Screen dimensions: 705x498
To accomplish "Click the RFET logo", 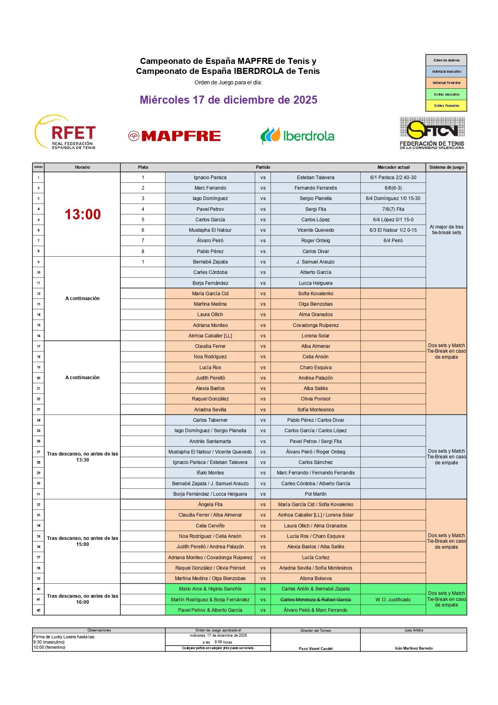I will click(x=66, y=133).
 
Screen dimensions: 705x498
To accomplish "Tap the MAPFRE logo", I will click(x=175, y=136).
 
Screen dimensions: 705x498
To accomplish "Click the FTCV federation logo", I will click(x=432, y=133).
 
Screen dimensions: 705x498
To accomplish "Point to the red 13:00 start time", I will click(x=83, y=215).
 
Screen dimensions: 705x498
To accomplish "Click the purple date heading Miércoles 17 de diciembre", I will click(x=228, y=100).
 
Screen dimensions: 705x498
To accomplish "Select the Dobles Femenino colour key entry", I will click(x=446, y=106).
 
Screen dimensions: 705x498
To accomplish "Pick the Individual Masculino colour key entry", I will click(x=446, y=72).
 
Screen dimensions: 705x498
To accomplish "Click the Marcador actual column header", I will click(x=393, y=167).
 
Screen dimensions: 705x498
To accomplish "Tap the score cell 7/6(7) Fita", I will click(x=393, y=209).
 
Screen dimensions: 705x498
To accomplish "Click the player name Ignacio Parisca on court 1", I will click(x=210, y=178).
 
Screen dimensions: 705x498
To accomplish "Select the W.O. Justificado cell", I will click(x=393, y=600).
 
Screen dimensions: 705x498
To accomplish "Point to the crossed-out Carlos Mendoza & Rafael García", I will click(x=315, y=600).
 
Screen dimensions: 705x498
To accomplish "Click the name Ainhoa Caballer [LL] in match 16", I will click(x=210, y=336).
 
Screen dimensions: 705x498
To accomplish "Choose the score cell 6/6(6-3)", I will click(x=393, y=188).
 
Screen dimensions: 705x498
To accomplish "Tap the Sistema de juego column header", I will click(x=446, y=167).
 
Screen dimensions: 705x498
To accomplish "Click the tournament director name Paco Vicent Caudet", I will click(x=315, y=649).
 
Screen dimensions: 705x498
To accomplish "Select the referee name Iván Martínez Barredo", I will click(x=414, y=648).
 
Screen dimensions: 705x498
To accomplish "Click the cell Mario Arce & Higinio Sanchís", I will click(x=210, y=589).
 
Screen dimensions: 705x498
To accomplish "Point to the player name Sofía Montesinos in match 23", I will click(x=315, y=410).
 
